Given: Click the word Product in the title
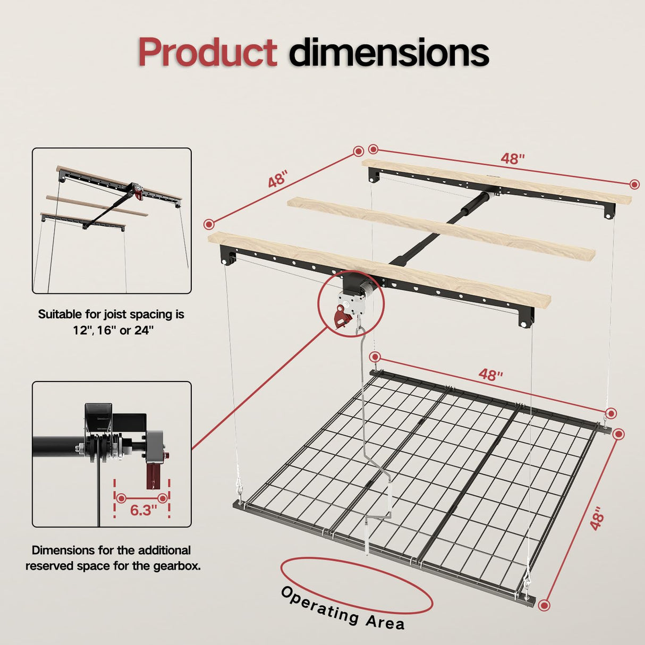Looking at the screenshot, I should [x=207, y=53].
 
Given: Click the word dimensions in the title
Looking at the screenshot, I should [x=389, y=53].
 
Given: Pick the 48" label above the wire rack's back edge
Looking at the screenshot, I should [x=490, y=375].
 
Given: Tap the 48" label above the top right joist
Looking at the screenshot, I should [x=512, y=158].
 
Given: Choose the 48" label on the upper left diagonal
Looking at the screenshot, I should [x=277, y=179].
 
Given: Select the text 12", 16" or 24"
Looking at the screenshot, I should [x=113, y=330].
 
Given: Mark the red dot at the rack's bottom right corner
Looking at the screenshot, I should [x=543, y=605].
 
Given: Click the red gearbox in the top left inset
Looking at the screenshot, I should [x=139, y=193].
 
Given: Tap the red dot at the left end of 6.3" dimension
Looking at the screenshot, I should [x=121, y=498].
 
